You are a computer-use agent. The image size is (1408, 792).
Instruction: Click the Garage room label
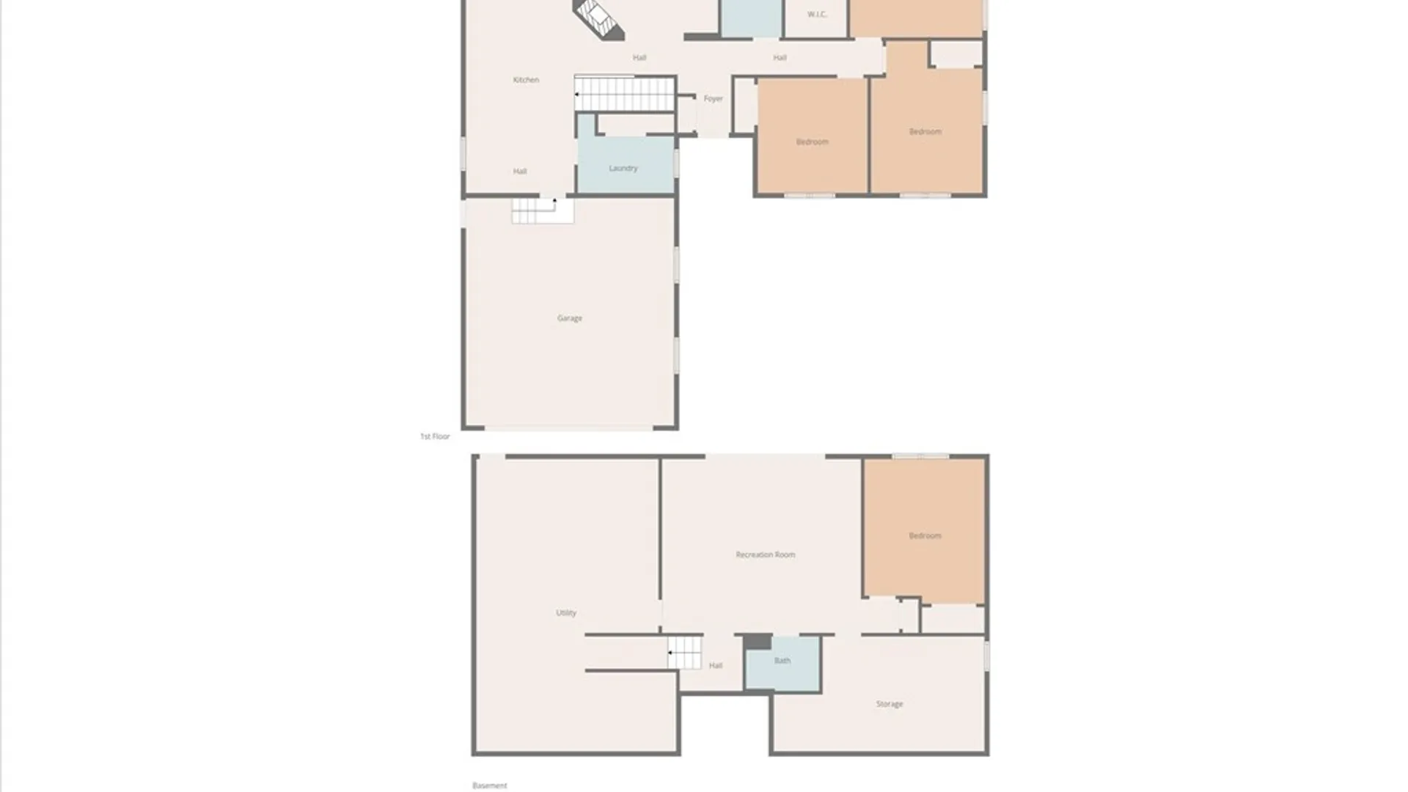[x=569, y=318]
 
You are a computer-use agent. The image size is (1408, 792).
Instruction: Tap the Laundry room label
[x=623, y=168]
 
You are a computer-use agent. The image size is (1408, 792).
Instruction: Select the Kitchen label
[x=526, y=80]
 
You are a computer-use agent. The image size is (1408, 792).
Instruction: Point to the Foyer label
[x=713, y=98]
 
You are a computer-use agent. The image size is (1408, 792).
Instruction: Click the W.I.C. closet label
[x=817, y=15]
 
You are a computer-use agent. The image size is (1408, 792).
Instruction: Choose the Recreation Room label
[x=765, y=554]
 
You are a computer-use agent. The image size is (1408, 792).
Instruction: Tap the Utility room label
[x=565, y=612]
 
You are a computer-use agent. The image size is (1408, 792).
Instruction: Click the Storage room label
[x=889, y=704]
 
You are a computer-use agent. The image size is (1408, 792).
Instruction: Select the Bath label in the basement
[x=782, y=661]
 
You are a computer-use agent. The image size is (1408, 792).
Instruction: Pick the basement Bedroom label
[x=925, y=535]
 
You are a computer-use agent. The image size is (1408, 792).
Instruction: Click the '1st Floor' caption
[x=435, y=436]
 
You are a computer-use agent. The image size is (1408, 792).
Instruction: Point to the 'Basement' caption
[x=489, y=785]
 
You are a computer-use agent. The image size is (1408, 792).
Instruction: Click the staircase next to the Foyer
[x=624, y=94]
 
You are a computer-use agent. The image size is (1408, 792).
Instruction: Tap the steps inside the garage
[x=542, y=210]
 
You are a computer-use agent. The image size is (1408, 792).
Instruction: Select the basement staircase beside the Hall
[x=684, y=653]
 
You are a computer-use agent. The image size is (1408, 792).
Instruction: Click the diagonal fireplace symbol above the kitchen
[x=598, y=18]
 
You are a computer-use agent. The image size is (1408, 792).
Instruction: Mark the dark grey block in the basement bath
[x=758, y=642]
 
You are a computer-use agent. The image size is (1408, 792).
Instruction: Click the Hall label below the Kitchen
[x=519, y=172]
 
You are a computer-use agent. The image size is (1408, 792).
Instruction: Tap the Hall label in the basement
[x=715, y=666]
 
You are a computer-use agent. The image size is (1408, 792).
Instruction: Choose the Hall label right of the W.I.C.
[x=780, y=57]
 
